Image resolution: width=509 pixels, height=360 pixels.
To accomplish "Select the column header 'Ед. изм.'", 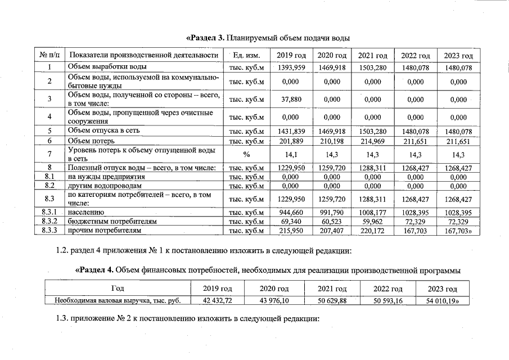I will (x=245, y=56).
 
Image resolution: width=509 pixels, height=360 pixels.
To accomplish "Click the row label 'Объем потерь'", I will (x=91, y=141).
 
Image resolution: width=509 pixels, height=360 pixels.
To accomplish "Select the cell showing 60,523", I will (x=332, y=222).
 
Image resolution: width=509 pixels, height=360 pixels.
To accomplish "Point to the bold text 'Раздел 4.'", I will (x=96, y=271).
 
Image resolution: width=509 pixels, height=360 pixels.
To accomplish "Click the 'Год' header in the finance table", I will (x=118, y=289).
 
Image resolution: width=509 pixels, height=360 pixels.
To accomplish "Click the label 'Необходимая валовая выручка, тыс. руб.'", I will (x=118, y=300).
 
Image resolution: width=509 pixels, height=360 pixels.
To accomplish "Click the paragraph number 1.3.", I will (x=62, y=319).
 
